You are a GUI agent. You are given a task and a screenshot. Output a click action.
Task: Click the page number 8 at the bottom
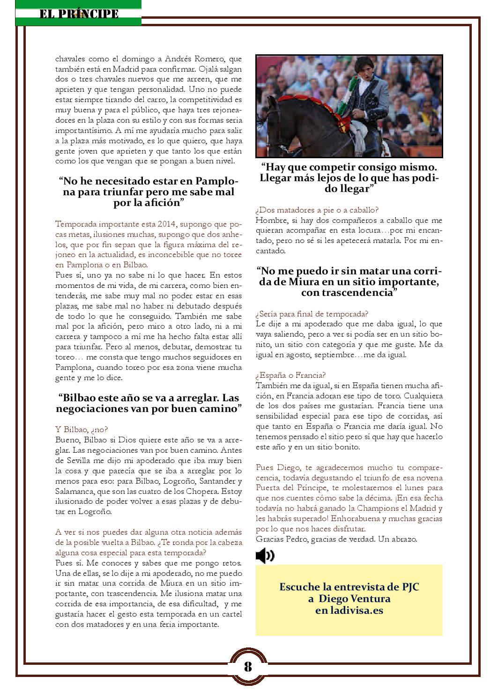pos(248,667)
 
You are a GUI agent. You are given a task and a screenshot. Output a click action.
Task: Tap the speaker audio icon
pos(265,556)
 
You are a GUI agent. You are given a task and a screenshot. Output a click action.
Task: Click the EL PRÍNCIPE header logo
pos(78,14)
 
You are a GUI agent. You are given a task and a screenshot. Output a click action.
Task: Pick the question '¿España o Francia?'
pos(291,375)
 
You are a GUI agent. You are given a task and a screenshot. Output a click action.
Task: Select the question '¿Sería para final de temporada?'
pos(312,314)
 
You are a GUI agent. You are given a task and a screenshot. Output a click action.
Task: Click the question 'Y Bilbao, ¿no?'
pos(82,429)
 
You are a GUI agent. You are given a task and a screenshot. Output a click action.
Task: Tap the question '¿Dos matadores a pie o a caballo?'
pos(317,210)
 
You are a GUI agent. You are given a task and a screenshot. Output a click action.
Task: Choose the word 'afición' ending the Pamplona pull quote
pos(158,203)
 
